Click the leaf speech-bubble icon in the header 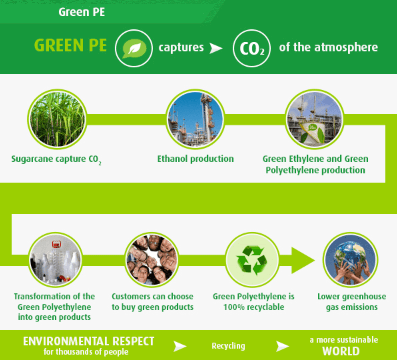click(x=134, y=48)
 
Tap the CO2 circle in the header click(x=252, y=48)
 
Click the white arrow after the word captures click(x=216, y=48)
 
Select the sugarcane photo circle click(x=57, y=119)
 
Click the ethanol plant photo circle click(x=195, y=119)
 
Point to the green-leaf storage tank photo click(x=314, y=119)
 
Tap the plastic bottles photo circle click(x=55, y=260)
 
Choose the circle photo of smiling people click(x=152, y=260)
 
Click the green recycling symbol click(x=252, y=260)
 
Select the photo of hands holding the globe click(x=351, y=260)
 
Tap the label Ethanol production click(x=196, y=159)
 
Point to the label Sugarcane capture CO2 click(x=56, y=160)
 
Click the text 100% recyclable click(x=254, y=307)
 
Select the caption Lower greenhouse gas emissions click(x=352, y=302)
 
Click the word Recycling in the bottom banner click(x=228, y=346)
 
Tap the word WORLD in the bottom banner click(x=341, y=351)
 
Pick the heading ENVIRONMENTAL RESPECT click(x=89, y=341)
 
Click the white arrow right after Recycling click(x=282, y=346)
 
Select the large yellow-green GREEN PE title click(x=70, y=45)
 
